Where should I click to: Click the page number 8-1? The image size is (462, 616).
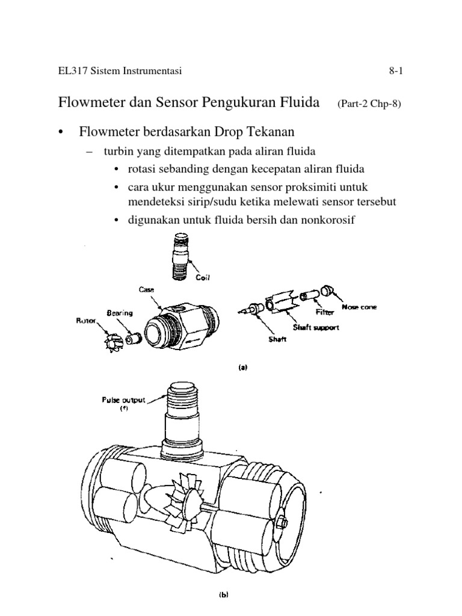(395, 72)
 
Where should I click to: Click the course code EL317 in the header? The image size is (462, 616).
(72, 72)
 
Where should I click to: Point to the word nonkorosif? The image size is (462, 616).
(327, 220)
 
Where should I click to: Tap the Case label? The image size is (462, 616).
(147, 289)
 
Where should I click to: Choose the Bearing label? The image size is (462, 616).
(120, 313)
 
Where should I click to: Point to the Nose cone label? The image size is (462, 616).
(361, 307)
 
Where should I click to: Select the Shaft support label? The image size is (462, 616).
(317, 328)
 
